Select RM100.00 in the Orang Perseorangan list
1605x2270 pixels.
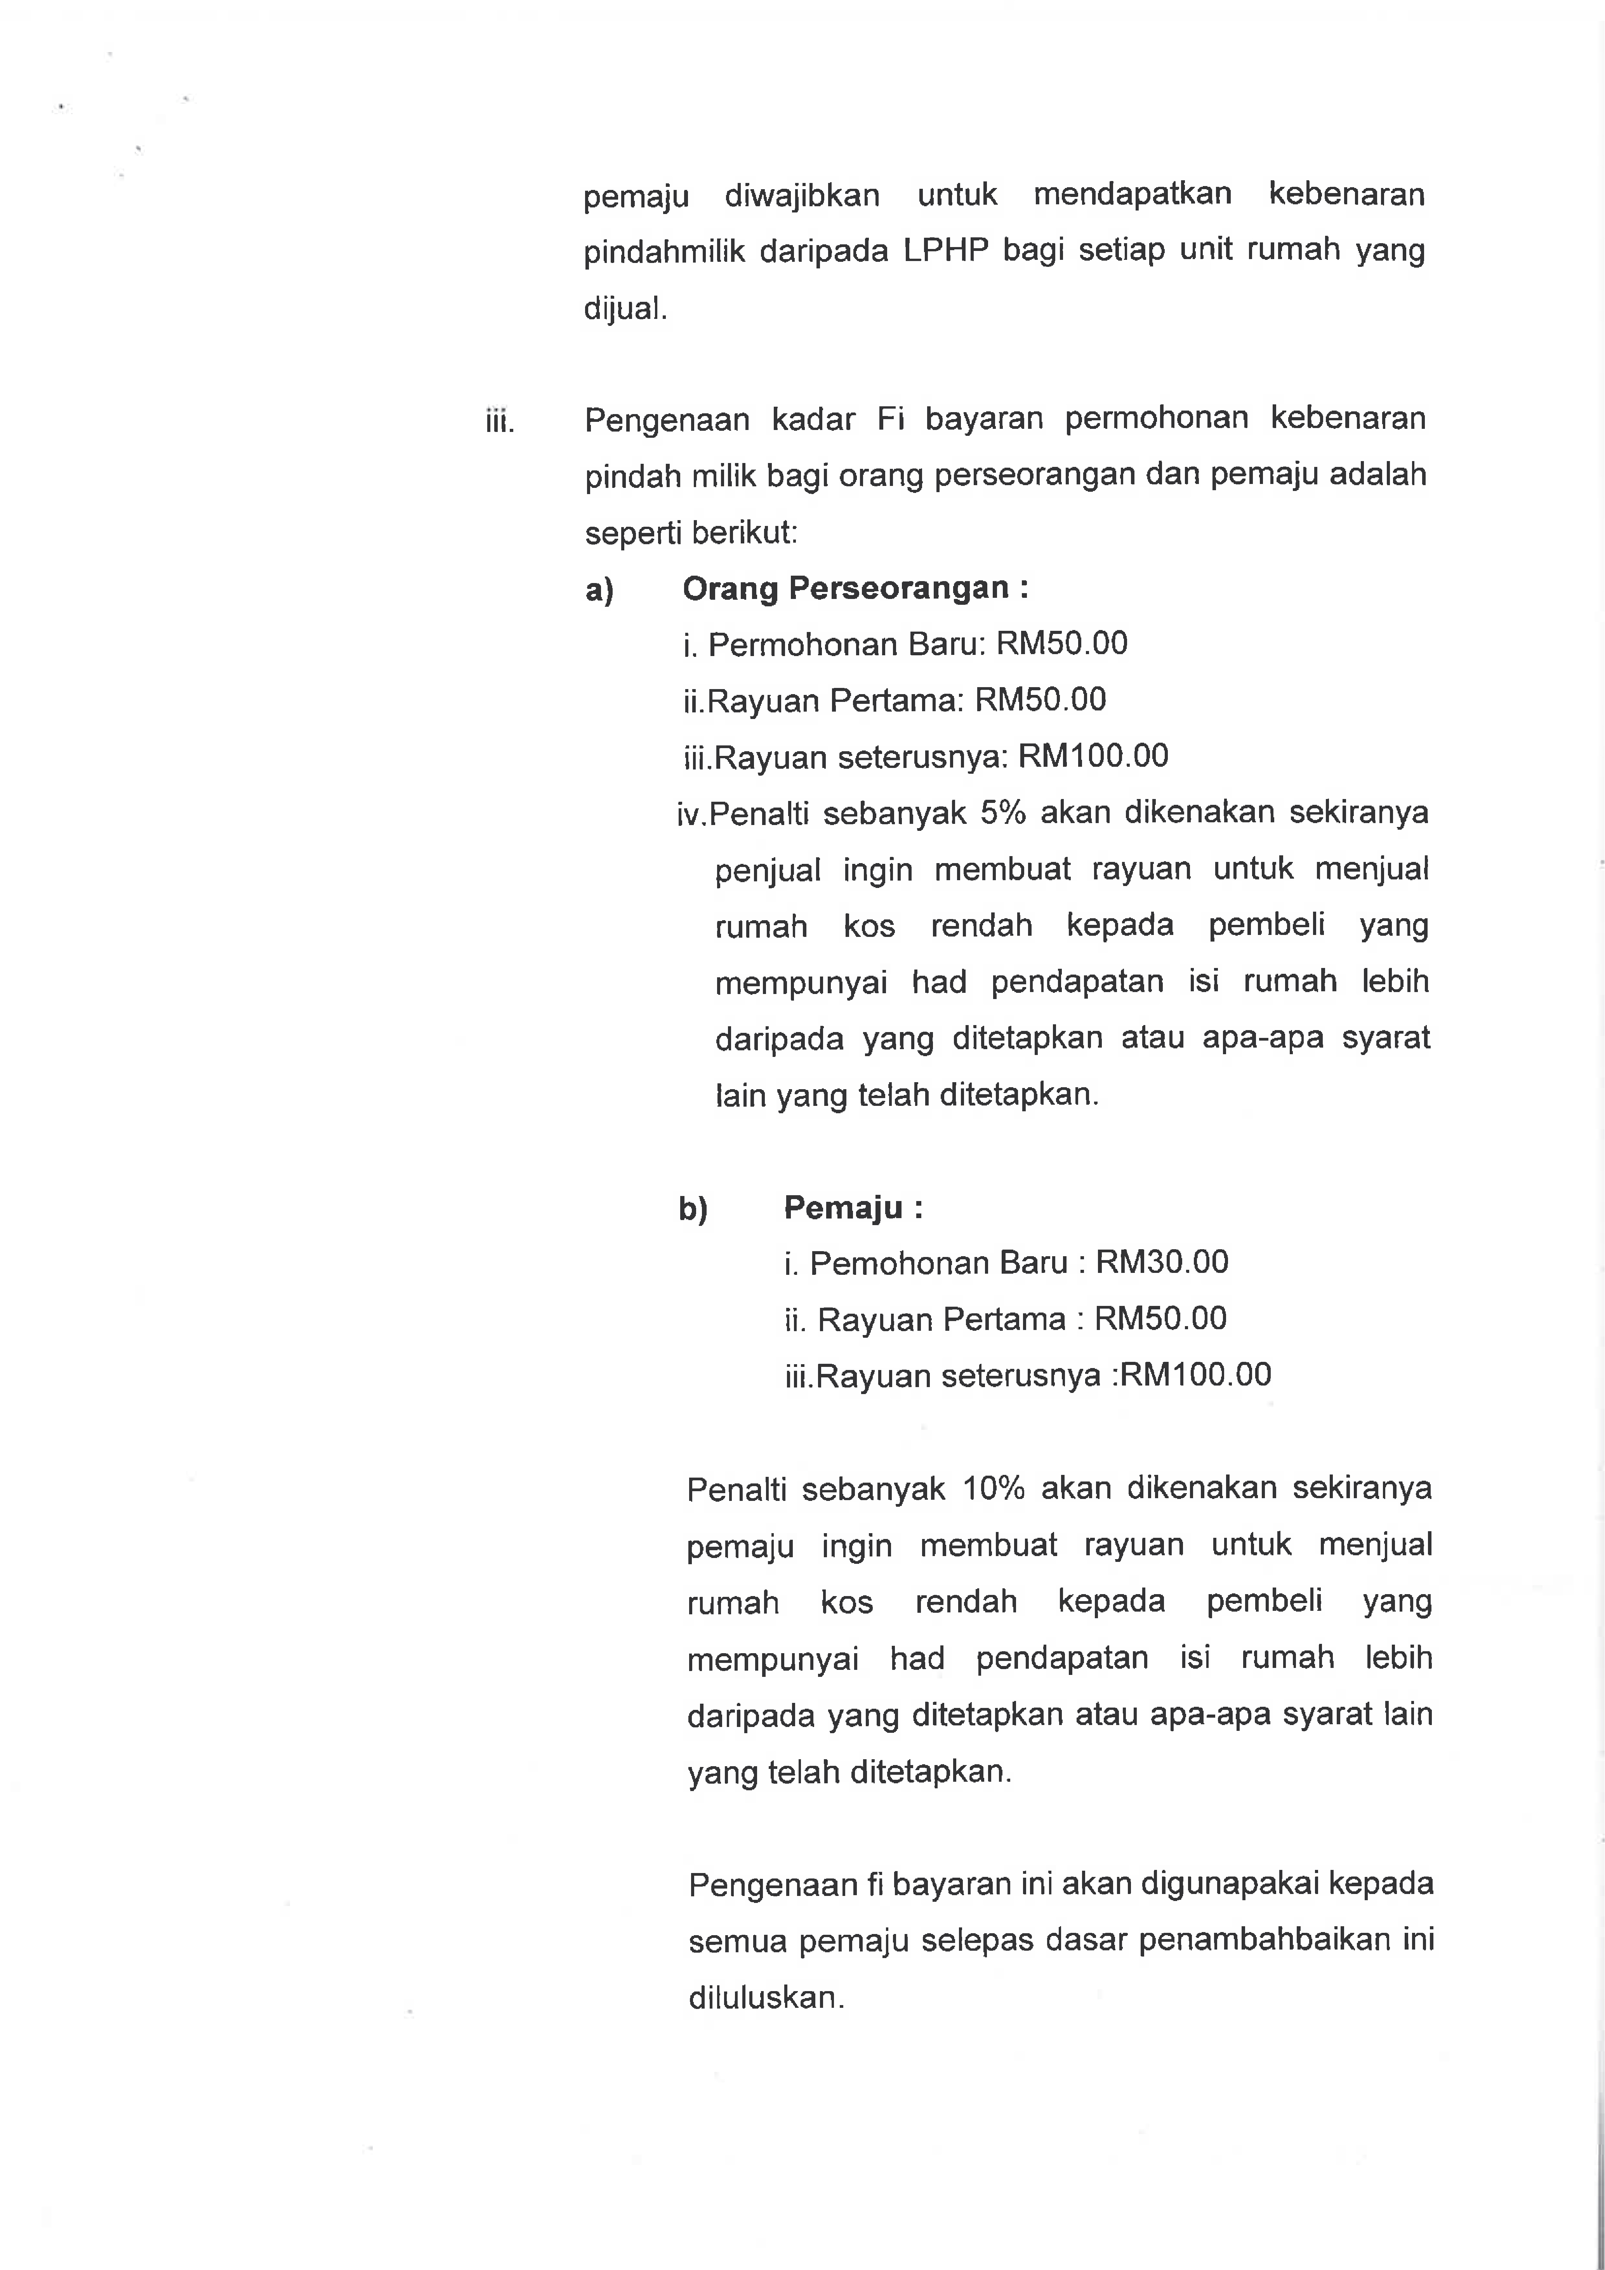1093,756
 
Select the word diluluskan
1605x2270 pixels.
766,1998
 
